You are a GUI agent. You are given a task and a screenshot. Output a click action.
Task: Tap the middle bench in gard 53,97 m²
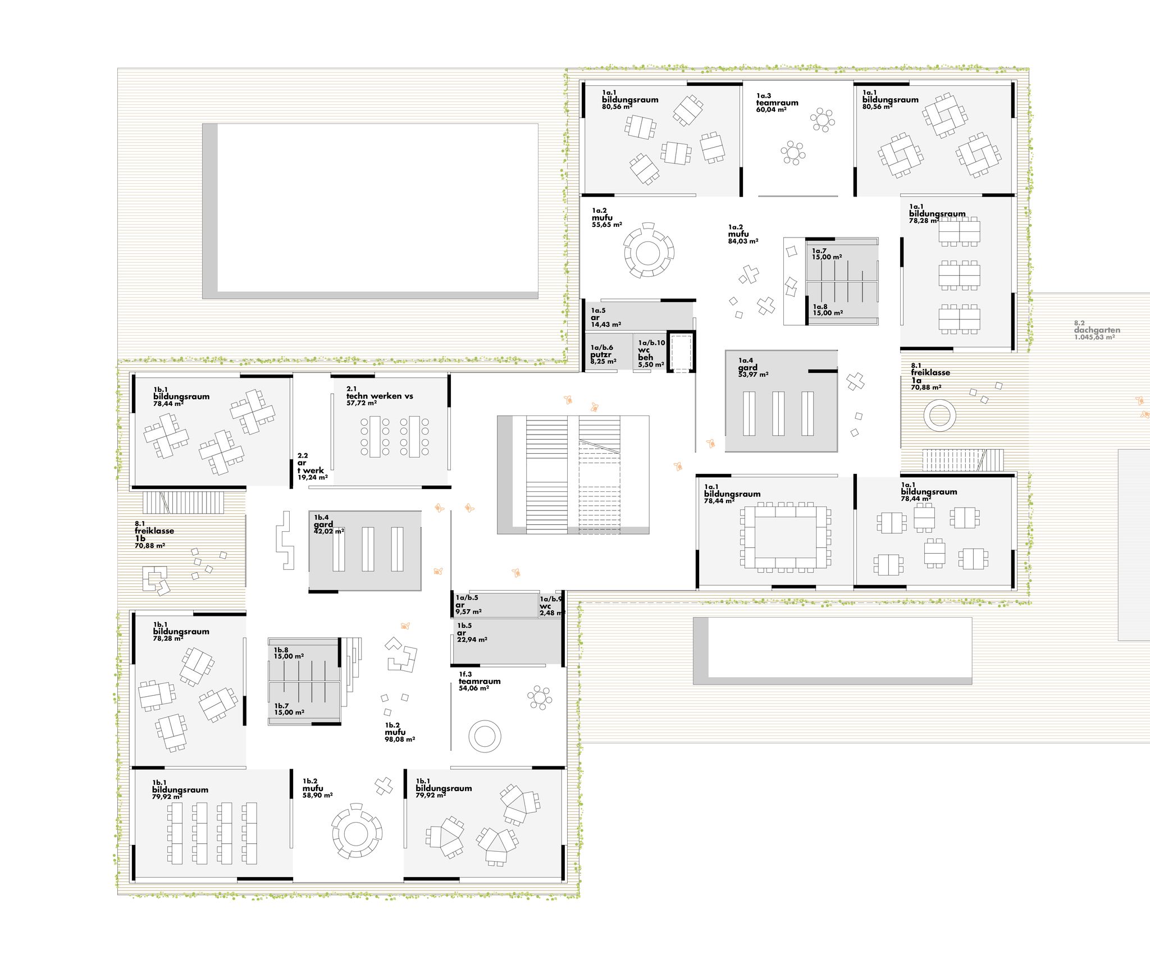click(x=778, y=414)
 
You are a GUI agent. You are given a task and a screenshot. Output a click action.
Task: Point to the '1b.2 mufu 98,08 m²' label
click(x=400, y=732)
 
